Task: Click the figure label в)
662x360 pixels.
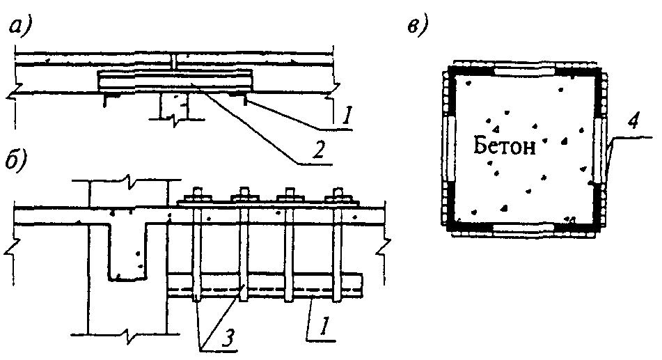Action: pos(418,27)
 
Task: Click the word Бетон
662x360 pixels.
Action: pos(504,146)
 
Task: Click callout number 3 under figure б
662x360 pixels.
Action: pos(228,338)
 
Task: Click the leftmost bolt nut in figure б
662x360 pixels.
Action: pos(198,196)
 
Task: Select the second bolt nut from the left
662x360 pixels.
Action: pos(244,196)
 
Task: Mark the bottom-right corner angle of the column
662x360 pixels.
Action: pos(596,223)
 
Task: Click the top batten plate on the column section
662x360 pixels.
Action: pos(524,70)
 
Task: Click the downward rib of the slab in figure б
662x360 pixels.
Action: pos(128,251)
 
